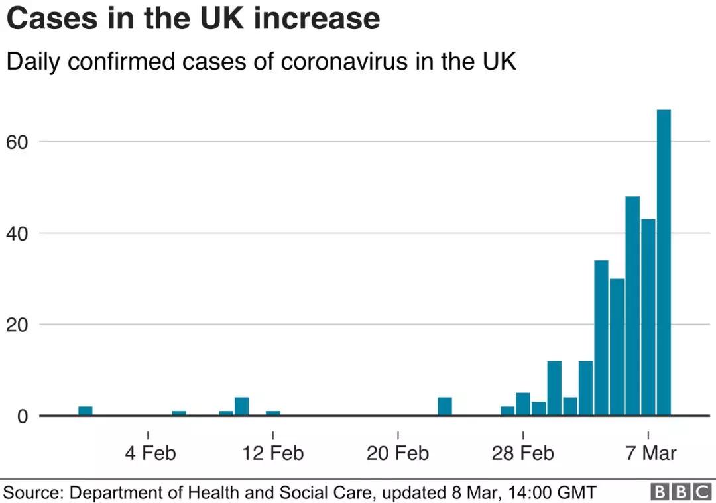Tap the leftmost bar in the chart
[x=86, y=411]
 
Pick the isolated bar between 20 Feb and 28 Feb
[x=445, y=406]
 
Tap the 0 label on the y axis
[x=23, y=416]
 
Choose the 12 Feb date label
[x=272, y=453]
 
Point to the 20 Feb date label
[x=397, y=453]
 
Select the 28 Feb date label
[x=522, y=453]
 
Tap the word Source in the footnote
[x=32, y=493]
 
